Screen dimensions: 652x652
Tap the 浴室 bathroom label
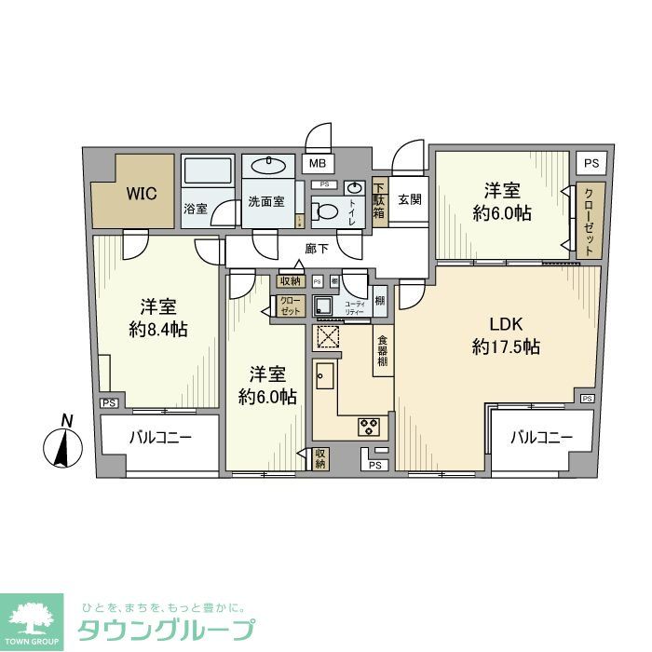(x=195, y=209)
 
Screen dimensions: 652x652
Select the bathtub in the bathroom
(x=208, y=172)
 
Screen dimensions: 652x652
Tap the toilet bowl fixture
(x=325, y=212)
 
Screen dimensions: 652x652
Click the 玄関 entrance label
(x=410, y=198)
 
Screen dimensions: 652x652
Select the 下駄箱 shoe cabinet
(x=379, y=198)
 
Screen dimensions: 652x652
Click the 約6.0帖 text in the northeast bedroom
(x=501, y=213)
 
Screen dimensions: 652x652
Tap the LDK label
(x=507, y=324)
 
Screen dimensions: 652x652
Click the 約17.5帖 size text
(x=506, y=347)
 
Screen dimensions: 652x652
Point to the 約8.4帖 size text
(x=159, y=329)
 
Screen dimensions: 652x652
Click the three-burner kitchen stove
(x=368, y=428)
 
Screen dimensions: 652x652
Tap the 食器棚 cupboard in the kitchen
(x=382, y=350)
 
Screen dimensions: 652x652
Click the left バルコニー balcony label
(x=159, y=437)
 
